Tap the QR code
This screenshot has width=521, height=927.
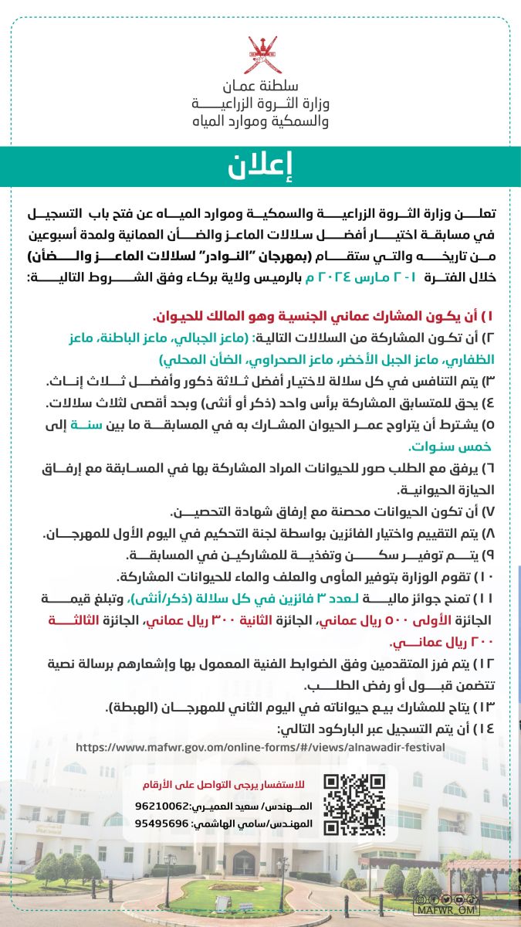354,804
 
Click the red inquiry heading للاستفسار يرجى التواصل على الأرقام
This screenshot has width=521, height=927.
265,785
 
